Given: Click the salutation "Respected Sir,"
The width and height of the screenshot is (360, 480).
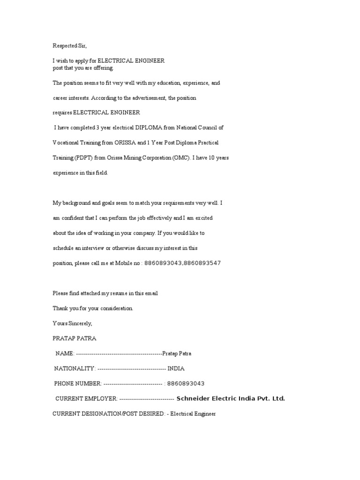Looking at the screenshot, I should click(70, 46).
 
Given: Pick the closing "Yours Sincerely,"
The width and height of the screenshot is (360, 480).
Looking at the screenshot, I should click(73, 323).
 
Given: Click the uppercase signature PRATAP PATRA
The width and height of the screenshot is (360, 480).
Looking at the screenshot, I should click(75, 338).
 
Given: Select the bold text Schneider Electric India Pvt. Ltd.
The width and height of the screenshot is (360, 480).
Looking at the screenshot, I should click(231, 399).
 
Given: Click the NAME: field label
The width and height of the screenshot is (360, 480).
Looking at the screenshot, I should click(65, 353).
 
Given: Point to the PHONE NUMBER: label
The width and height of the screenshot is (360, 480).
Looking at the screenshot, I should click(77, 383).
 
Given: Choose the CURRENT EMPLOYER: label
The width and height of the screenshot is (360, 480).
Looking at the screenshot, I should click(86, 399).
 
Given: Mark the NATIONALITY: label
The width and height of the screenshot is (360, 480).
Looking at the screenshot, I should click(75, 368).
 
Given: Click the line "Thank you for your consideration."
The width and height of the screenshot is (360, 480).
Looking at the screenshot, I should click(93, 308).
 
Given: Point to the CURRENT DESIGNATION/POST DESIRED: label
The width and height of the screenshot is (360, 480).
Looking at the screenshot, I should click(108, 414).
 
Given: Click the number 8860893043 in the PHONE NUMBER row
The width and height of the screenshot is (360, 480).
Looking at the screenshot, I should click(187, 383).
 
